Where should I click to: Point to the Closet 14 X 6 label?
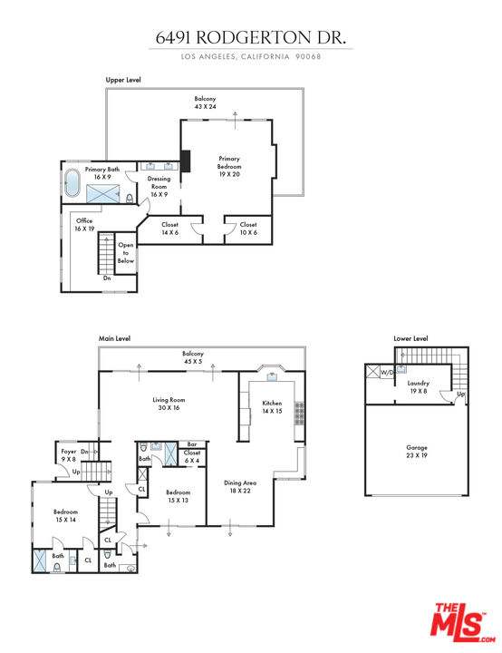tap(169, 229)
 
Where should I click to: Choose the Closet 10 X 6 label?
tap(248, 229)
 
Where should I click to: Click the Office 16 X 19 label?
tap(84, 224)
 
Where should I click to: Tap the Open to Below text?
tap(126, 253)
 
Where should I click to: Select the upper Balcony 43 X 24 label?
tap(206, 102)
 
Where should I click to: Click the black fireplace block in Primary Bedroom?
tap(186, 161)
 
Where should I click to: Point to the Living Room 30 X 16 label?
tap(169, 404)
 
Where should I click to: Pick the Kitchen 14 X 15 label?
tap(272, 407)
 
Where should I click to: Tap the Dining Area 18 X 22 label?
tap(240, 488)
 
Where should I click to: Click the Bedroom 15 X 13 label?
tap(178, 496)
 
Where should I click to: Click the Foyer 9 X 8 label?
tap(70, 455)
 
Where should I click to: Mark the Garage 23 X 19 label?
tap(417, 452)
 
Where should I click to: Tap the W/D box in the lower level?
tap(386, 372)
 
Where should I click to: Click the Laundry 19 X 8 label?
tap(418, 387)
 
